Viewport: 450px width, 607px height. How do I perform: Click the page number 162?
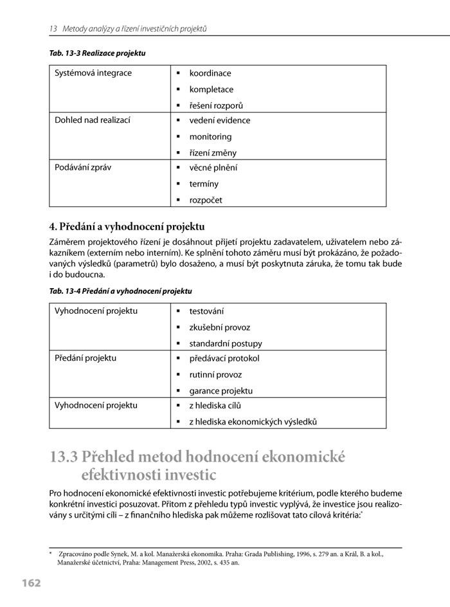click(30, 583)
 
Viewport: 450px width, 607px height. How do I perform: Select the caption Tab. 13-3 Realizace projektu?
click(97, 53)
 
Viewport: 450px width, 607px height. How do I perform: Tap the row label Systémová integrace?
click(93, 73)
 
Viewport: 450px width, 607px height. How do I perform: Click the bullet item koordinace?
click(210, 73)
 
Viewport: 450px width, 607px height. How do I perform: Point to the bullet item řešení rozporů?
click(216, 105)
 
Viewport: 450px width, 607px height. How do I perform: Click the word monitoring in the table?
click(210, 136)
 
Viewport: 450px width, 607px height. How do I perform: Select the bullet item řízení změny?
click(213, 153)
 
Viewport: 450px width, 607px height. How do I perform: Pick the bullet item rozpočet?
click(206, 200)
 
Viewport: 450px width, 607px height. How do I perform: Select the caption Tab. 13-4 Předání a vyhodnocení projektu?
click(120, 291)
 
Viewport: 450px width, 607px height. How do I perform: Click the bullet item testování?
click(206, 311)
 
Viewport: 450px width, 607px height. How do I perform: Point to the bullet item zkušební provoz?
click(219, 327)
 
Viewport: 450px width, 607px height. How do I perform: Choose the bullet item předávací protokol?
click(224, 359)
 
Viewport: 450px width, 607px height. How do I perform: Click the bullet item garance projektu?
click(221, 390)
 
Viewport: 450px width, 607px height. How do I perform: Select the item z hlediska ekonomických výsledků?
click(253, 422)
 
